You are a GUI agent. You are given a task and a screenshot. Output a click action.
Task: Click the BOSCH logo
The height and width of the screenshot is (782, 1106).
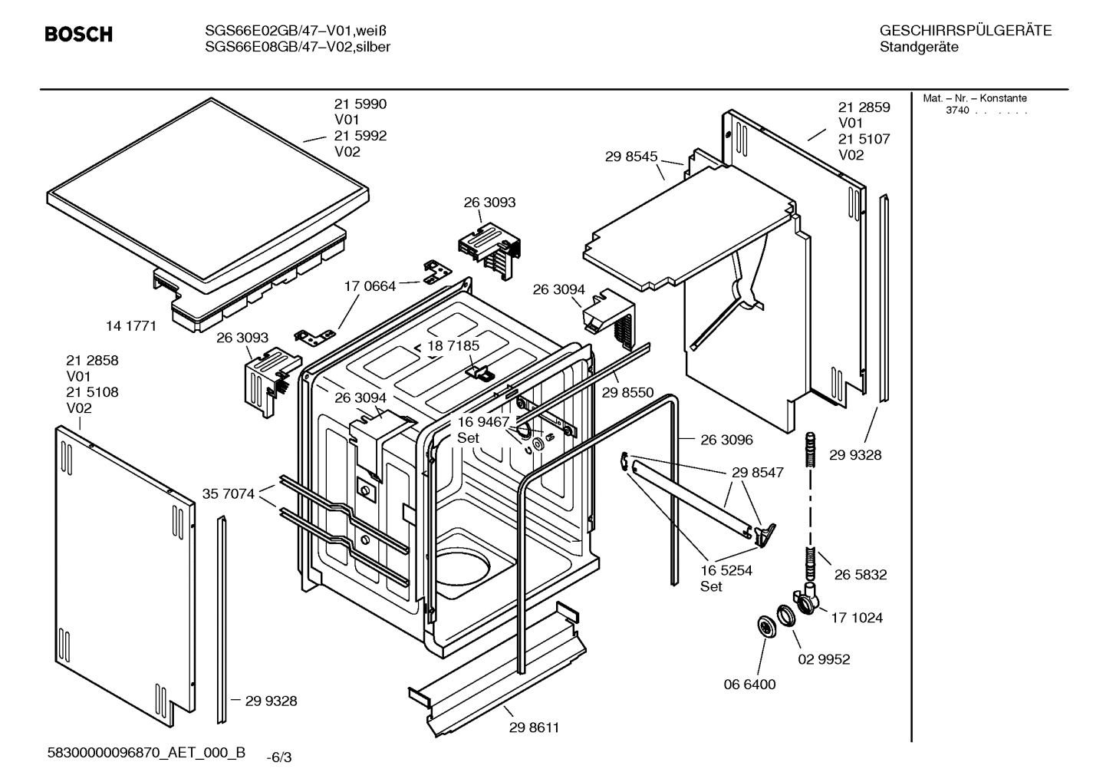(78, 35)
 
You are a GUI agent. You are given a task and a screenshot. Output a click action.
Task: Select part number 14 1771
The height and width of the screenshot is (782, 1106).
(130, 326)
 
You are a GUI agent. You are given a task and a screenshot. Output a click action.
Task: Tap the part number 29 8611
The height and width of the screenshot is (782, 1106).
(534, 728)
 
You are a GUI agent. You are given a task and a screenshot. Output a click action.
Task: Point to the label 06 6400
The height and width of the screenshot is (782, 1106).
(749, 685)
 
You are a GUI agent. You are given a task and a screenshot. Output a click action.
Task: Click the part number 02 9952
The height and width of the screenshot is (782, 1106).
(824, 659)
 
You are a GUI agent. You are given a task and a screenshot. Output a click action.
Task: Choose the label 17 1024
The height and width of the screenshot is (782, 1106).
(857, 618)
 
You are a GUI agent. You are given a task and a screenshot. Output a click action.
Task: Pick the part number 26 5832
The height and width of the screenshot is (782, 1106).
(860, 575)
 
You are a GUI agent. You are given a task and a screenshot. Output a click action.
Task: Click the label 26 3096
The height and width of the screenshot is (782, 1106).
(726, 440)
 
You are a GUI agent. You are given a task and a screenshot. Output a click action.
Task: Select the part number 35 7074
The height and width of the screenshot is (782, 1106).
(228, 493)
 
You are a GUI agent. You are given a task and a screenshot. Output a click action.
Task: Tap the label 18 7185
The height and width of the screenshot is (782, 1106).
(453, 345)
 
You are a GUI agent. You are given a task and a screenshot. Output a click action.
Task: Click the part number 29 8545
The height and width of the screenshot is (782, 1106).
(630, 157)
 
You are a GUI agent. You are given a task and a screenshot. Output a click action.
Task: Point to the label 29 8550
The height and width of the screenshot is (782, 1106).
(627, 392)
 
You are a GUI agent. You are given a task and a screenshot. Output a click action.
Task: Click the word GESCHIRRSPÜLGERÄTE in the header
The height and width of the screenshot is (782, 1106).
(965, 31)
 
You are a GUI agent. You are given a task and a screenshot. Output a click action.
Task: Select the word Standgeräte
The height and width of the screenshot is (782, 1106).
(918, 48)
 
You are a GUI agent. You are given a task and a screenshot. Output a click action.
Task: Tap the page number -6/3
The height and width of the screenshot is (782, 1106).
(278, 758)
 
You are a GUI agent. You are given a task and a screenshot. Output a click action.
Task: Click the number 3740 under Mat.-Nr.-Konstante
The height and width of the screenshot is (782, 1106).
(957, 111)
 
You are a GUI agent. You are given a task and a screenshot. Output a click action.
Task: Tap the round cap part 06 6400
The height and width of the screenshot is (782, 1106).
(765, 626)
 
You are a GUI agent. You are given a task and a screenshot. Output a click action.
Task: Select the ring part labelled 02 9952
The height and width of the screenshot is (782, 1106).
(785, 615)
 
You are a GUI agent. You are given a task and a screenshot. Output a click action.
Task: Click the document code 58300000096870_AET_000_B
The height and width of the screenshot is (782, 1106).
(146, 753)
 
